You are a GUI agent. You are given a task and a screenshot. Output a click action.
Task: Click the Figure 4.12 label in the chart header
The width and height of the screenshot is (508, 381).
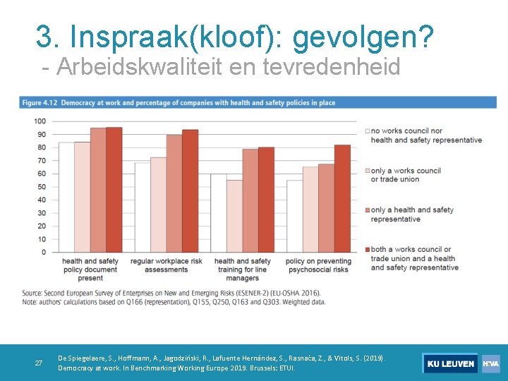[40, 102]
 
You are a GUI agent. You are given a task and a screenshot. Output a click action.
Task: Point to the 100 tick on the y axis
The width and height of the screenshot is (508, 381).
[40, 121]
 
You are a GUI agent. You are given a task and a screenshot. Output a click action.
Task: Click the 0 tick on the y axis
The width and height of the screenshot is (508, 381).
[43, 252]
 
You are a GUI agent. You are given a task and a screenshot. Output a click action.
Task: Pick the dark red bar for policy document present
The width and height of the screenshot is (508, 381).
[114, 190]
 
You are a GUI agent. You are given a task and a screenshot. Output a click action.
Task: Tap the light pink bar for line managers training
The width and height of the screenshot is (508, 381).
[234, 216]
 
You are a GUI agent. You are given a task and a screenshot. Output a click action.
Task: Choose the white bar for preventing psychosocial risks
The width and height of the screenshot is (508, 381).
[294, 216]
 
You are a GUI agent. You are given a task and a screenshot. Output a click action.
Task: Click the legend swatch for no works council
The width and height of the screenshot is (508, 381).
[367, 131]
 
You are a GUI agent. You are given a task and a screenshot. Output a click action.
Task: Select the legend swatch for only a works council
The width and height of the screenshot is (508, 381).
[367, 171]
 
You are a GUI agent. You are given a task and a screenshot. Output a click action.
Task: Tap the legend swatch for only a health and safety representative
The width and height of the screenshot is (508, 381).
[367, 210]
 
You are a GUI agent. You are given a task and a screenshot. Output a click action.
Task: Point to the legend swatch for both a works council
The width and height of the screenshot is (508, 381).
[367, 250]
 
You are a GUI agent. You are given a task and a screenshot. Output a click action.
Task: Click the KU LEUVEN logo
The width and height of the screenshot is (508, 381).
[450, 363]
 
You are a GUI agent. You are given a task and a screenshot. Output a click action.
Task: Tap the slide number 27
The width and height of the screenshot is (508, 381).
[39, 363]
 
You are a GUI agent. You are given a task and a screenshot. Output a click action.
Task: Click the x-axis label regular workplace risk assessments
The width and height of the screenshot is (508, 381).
[166, 265]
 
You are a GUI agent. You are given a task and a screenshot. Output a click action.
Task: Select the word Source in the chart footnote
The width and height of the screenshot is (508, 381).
[32, 293]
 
